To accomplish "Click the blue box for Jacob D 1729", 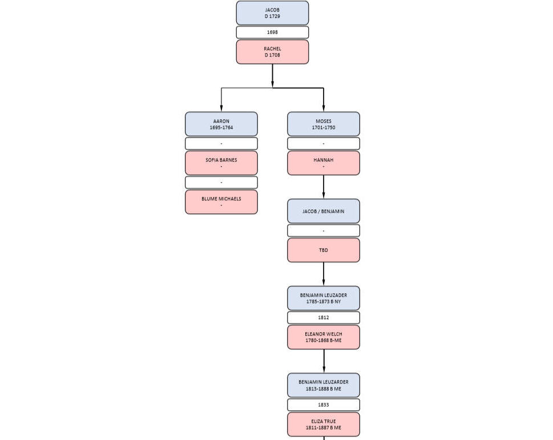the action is [x=272, y=13].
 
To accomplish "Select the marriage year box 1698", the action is [x=272, y=32].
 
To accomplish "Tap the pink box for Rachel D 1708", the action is [x=272, y=52].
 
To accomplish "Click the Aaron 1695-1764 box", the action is [x=221, y=124].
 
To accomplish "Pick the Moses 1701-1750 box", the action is [x=324, y=124].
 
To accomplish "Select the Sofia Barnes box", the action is [x=221, y=163].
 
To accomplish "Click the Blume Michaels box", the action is [x=221, y=202].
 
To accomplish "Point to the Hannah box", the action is [x=324, y=163].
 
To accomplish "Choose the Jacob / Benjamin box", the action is [x=324, y=211].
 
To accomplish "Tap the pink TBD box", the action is [x=324, y=250].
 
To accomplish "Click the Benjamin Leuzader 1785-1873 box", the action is [x=324, y=298].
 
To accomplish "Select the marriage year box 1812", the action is [x=324, y=317].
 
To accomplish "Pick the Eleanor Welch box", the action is [x=324, y=337].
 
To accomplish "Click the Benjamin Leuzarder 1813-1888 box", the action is [x=324, y=385].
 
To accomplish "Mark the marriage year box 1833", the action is [x=324, y=405].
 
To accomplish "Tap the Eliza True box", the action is [x=324, y=425].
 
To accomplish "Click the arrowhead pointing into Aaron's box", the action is [x=221, y=108].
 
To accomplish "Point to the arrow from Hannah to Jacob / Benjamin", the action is [x=324, y=187].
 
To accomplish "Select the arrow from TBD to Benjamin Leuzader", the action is [x=324, y=274].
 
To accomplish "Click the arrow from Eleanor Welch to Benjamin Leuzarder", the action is [x=324, y=361].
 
